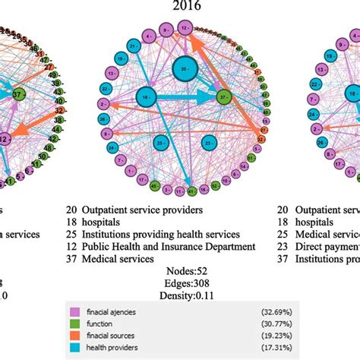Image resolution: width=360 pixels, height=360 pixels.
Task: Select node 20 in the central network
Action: click(x=182, y=69)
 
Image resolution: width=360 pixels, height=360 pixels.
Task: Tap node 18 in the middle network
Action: click(x=147, y=96)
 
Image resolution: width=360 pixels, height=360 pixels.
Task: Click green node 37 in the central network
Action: click(x=223, y=96)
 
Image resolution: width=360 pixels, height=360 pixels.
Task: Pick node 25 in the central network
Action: click(x=161, y=141)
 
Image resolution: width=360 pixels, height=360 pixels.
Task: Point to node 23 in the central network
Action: click(x=209, y=141)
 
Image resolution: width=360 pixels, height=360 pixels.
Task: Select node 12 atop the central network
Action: click(x=185, y=28)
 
